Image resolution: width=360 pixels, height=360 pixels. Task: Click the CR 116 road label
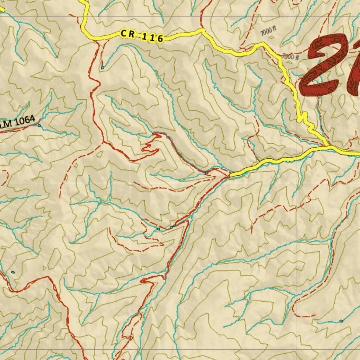click(142, 36)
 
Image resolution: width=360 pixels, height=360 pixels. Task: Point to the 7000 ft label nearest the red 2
click(290, 57)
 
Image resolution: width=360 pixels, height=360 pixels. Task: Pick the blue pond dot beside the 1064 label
click(39, 126)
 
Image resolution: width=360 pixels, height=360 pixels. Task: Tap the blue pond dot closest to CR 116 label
click(103, 67)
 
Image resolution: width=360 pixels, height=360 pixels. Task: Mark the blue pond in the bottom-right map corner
click(341, 321)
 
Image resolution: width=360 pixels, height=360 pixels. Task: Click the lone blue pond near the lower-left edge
click(13, 272)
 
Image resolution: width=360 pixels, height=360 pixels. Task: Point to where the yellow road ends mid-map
click(231, 175)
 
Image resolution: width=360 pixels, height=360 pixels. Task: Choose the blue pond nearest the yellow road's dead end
click(206, 173)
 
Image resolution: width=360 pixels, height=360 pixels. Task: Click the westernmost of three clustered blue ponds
click(159, 229)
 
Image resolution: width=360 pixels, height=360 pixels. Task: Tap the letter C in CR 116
click(123, 33)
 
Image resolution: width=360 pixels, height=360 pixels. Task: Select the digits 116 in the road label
click(153, 37)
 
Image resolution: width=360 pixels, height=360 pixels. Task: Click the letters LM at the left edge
click(5, 124)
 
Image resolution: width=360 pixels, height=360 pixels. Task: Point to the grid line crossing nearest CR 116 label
click(130, 17)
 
